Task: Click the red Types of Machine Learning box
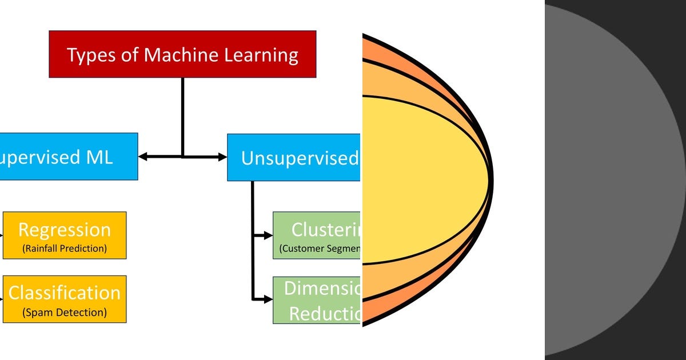click(182, 54)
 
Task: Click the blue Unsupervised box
click(294, 158)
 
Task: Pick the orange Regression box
click(65, 235)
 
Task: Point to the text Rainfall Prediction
click(65, 249)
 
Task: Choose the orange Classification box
click(65, 299)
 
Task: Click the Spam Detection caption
click(65, 313)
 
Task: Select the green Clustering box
click(317, 235)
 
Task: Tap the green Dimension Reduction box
click(317, 301)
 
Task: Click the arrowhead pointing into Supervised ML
click(143, 157)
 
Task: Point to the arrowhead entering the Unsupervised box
click(222, 157)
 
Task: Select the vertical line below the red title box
click(182, 114)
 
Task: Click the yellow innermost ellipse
click(423, 180)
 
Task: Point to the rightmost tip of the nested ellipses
click(491, 180)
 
